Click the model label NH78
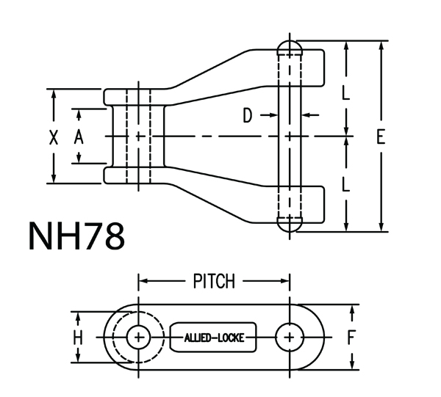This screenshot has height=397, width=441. [x=76, y=237]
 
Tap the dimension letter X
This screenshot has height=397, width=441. [x=53, y=136]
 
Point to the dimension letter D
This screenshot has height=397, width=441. [x=248, y=115]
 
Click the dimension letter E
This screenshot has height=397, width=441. [x=380, y=136]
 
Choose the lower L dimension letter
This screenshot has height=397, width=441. [x=346, y=184]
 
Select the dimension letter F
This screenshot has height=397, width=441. [x=352, y=338]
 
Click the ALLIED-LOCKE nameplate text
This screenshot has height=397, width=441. [x=214, y=338]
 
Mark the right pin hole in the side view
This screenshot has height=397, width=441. [x=291, y=338]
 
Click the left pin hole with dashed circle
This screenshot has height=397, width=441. [x=138, y=338]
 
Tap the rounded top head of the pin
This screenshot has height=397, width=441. [x=291, y=45]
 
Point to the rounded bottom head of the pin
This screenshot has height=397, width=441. [x=291, y=225]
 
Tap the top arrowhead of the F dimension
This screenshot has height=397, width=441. [x=352, y=309]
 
